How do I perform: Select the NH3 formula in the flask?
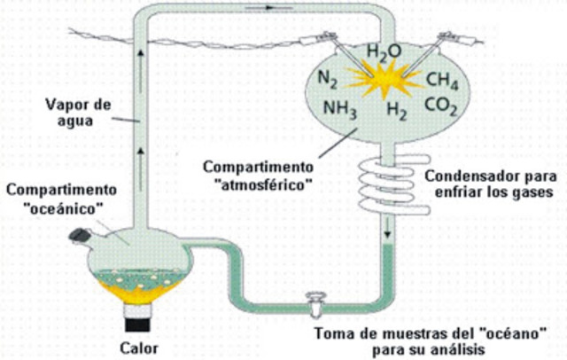click(340, 110)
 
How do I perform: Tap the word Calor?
click(140, 348)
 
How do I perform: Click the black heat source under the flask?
click(139, 311)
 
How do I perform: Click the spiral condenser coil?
click(377, 186)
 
